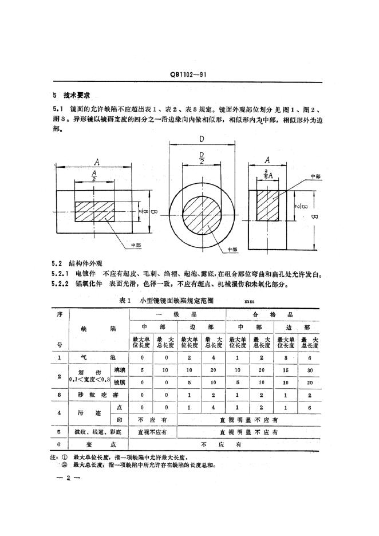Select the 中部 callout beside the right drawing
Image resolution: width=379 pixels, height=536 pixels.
315,176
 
